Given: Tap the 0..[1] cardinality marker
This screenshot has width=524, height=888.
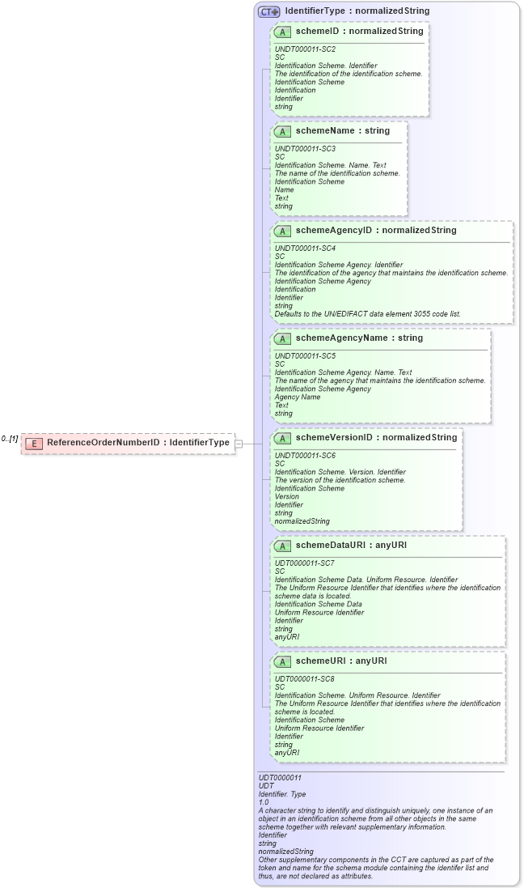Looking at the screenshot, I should (10, 439).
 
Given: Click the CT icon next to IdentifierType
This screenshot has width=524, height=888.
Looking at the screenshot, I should (268, 11).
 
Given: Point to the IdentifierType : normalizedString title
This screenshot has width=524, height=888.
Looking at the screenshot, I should (357, 11).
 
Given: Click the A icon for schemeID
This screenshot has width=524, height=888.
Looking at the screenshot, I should (282, 32).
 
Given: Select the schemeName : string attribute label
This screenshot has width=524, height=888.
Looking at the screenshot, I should (342, 130).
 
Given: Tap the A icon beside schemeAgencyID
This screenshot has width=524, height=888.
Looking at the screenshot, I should (282, 231).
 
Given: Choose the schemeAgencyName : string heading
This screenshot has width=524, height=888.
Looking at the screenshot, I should (359, 338).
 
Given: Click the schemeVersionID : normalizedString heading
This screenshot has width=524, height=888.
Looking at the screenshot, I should (376, 437).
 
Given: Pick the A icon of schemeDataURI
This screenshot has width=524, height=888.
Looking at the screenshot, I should (282, 546).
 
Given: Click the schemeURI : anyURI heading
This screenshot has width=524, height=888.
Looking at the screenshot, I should (341, 661).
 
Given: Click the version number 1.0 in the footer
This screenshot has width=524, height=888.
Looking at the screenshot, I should (264, 802).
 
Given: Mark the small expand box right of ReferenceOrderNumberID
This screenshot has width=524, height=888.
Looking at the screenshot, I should (239, 444).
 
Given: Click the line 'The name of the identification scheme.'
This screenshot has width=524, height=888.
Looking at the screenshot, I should (337, 173).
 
